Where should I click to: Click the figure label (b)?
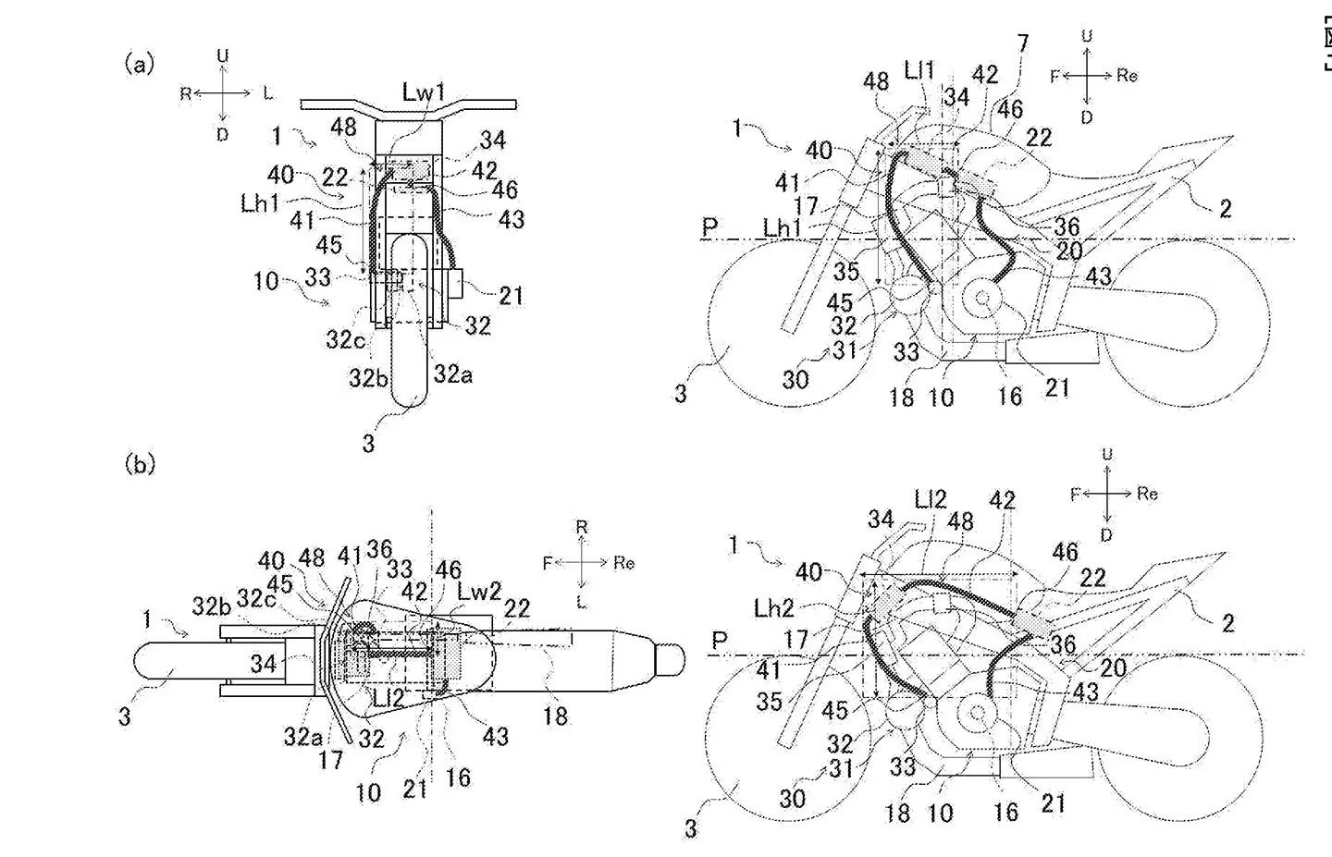pos(139,464)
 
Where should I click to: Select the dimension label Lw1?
pos(425,92)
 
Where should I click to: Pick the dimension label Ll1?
pos(919,69)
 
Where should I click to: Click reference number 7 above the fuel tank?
pos(1022,44)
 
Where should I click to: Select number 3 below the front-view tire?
pos(368,443)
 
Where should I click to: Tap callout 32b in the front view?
pos(366,376)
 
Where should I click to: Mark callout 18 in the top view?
pos(555,715)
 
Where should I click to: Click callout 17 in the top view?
pos(330,760)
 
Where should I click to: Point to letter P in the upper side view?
pos(709,226)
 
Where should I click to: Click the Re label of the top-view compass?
pos(623,563)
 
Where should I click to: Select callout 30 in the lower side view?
pos(792,798)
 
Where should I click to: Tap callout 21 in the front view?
pos(511,295)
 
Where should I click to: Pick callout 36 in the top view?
pos(378,548)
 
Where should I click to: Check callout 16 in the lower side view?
pos(1005,812)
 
